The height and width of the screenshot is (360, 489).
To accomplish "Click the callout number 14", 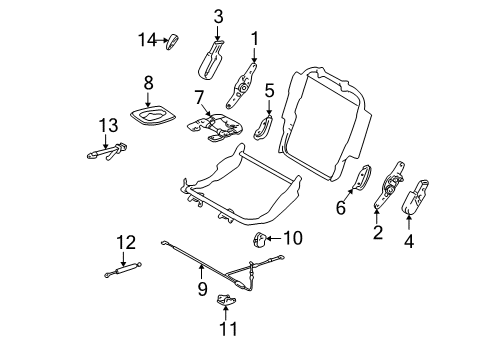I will click(146, 39).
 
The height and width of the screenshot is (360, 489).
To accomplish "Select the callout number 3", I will click(218, 15).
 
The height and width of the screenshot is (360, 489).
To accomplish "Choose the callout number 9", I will click(201, 289).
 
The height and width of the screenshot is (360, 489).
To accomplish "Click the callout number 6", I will click(339, 207).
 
